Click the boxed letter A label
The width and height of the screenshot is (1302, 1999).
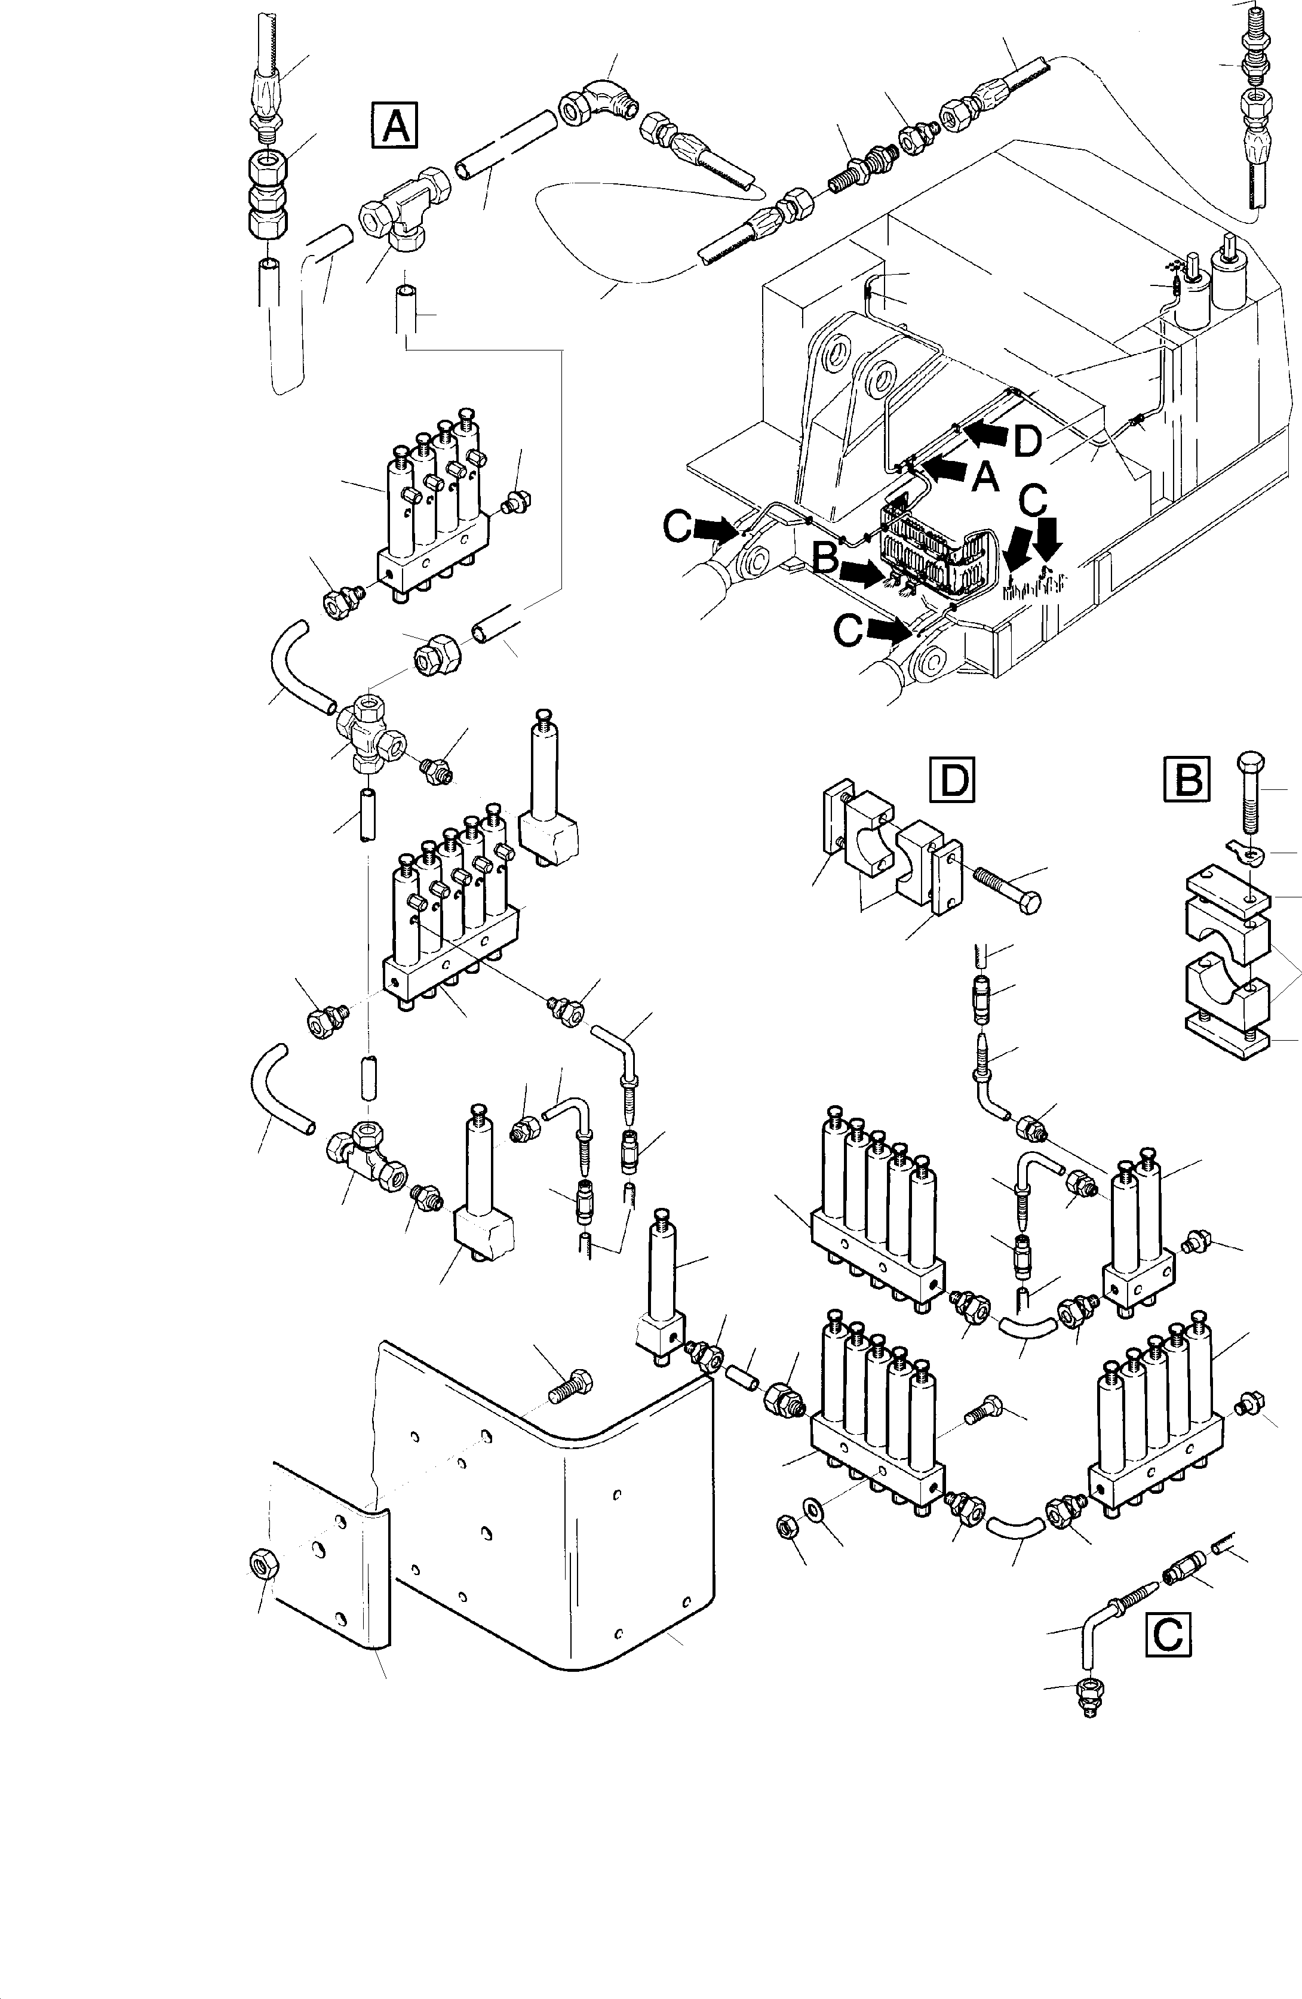[x=395, y=126]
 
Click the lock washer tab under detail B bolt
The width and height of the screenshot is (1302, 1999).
[x=1243, y=851]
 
